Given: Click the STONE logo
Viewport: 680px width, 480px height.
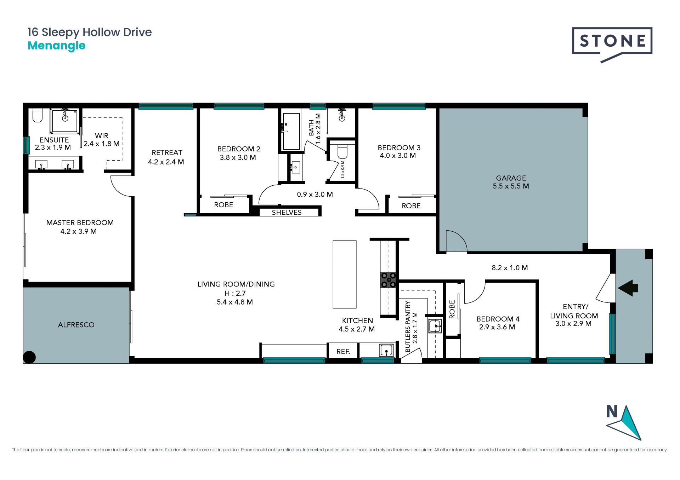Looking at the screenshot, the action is [612, 45].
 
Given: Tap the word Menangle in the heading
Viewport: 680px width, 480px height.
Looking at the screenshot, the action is [57, 46].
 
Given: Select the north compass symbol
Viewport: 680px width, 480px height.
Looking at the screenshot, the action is [624, 422].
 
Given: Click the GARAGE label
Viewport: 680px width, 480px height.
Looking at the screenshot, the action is [511, 178].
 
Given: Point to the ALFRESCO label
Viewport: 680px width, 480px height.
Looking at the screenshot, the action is [76, 325].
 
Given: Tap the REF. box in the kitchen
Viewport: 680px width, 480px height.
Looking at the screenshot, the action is [343, 352].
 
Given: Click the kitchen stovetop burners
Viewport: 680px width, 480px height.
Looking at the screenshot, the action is [389, 280].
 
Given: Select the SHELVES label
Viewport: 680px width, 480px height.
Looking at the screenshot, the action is [287, 212].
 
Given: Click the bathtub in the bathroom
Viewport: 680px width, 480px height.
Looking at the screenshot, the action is [291, 132].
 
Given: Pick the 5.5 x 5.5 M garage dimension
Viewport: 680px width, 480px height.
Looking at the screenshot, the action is [511, 186].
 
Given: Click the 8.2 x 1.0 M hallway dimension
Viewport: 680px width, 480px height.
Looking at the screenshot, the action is [510, 268].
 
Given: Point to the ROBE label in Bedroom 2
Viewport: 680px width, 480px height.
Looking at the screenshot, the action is [223, 205].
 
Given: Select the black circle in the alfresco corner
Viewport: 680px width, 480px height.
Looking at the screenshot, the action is [29, 357].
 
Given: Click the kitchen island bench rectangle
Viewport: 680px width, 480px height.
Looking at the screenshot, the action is [345, 274].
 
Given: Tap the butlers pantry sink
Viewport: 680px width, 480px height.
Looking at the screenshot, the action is [435, 326].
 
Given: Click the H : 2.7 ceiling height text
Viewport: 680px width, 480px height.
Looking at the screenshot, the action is [235, 293].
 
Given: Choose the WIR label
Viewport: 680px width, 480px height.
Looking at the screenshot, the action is [102, 135].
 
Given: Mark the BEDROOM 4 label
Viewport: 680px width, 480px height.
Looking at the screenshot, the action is [498, 319].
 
